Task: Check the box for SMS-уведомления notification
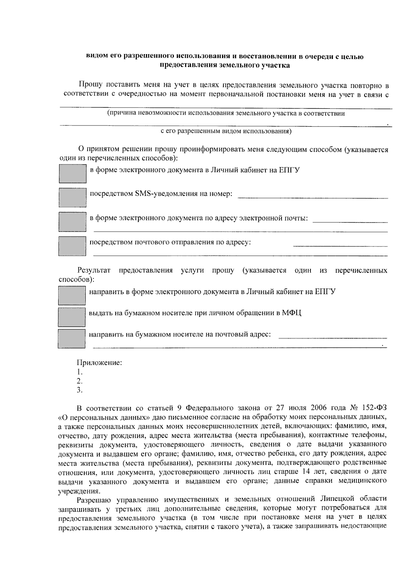[x=72, y=197]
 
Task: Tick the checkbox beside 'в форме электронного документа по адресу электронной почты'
[x=72, y=221]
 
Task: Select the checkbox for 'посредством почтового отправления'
[x=72, y=246]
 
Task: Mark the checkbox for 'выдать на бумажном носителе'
[x=72, y=317]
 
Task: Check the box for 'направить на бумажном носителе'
[x=72, y=338]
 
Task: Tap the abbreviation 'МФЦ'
[x=292, y=313]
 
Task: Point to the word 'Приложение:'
[x=99, y=363]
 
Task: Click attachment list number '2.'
[x=80, y=381]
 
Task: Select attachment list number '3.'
[x=80, y=390]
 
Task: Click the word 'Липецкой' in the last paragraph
[x=336, y=499]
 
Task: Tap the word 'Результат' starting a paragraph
[x=94, y=270]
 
